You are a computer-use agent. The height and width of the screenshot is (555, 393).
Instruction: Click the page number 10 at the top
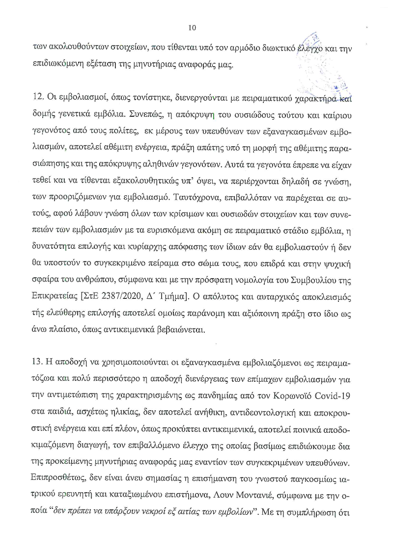[x=192, y=27]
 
